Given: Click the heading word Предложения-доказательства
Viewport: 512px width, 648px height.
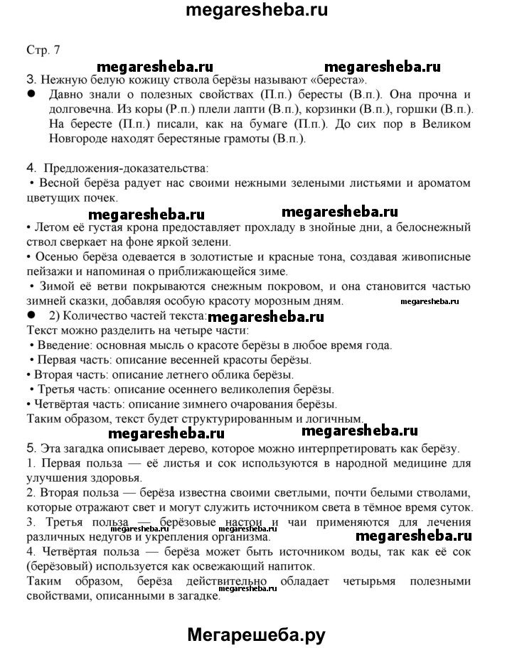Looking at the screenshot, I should tap(126, 168).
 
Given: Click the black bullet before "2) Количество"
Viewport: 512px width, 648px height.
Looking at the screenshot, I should tap(31, 315).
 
